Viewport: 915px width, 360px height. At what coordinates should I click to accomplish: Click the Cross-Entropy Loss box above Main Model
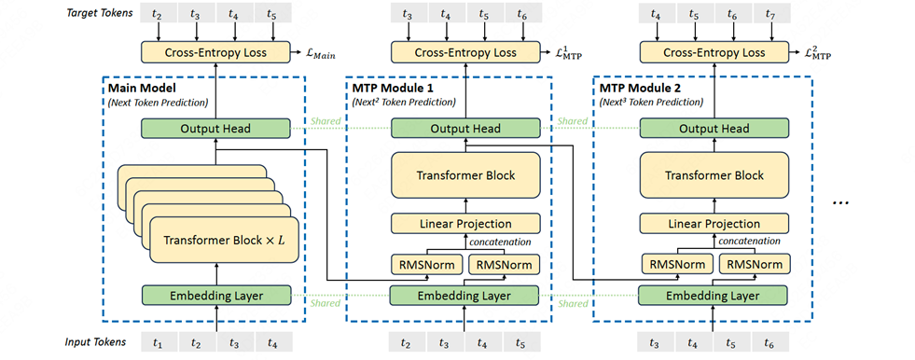click(216, 52)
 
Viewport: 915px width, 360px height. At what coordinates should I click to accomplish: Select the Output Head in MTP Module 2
click(714, 128)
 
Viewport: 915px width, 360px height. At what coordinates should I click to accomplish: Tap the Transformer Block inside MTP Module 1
click(464, 175)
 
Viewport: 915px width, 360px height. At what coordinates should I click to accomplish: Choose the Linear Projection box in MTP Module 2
click(714, 224)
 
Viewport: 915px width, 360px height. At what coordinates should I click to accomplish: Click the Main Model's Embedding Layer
click(216, 296)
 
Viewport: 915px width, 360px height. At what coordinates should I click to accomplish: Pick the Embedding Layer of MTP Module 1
click(464, 296)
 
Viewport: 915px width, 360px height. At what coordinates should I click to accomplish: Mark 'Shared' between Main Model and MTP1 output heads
click(320, 121)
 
